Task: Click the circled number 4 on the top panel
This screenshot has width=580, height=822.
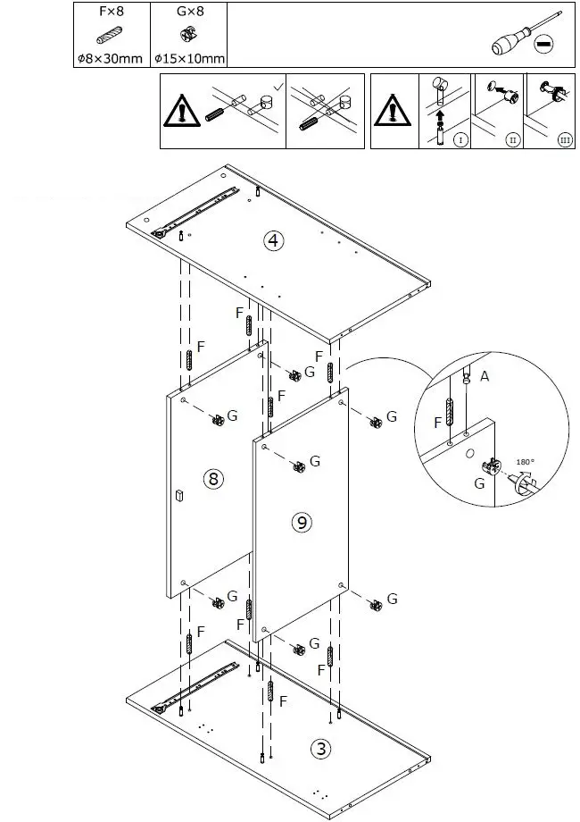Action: tap(273, 239)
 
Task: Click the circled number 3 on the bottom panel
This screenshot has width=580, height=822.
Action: tap(320, 749)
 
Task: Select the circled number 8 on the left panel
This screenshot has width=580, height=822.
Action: tap(212, 479)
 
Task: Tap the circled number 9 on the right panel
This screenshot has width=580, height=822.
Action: tap(302, 523)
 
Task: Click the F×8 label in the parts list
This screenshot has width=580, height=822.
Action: tap(112, 13)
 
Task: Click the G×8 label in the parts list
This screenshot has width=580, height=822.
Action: tap(188, 13)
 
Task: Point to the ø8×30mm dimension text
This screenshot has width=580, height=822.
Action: tap(112, 59)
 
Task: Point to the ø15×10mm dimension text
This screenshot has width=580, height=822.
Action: tap(188, 59)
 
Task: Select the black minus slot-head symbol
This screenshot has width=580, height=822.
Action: tap(544, 42)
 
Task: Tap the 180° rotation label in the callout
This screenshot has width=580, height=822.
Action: tap(526, 462)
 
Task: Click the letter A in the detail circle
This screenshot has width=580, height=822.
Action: tap(484, 377)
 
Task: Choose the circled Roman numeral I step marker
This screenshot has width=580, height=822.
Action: tap(460, 139)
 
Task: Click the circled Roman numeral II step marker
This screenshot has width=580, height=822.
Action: tap(512, 139)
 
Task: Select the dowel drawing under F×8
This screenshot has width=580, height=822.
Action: tap(110, 36)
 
